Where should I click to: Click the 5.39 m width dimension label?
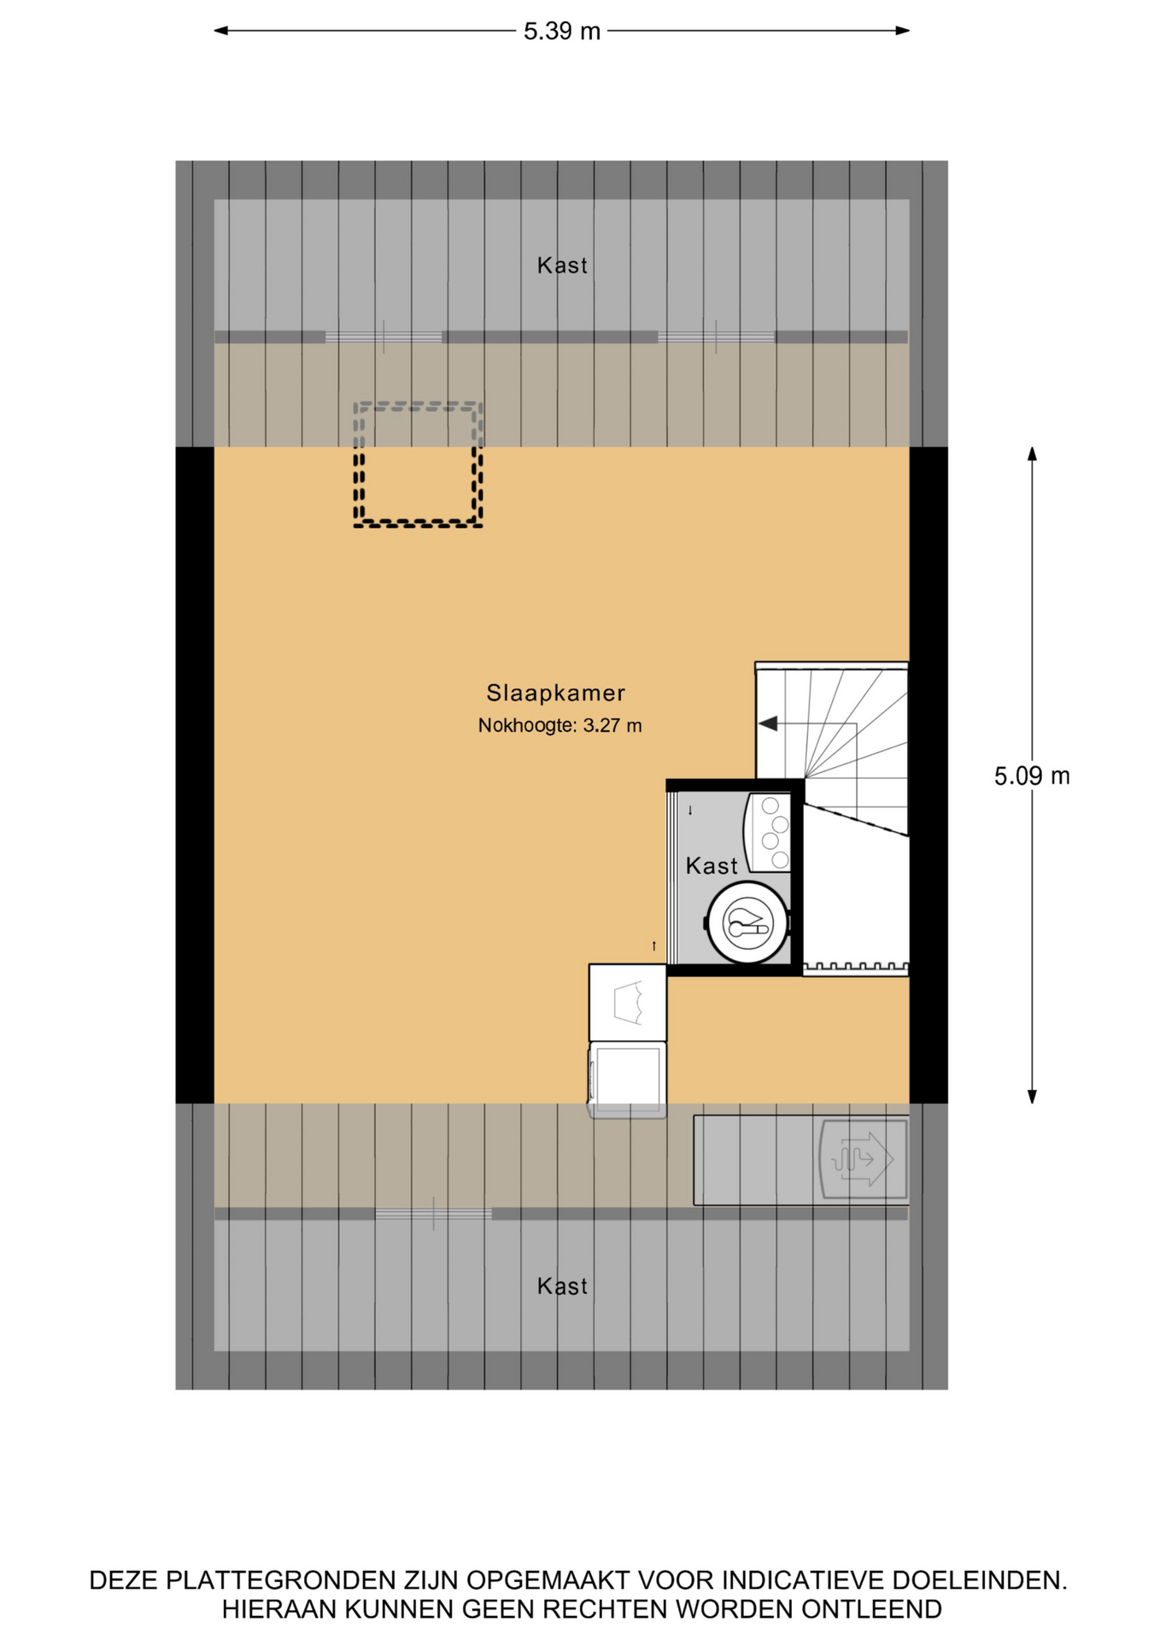(562, 32)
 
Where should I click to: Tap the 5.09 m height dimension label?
(1032, 776)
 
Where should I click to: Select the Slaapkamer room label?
(556, 693)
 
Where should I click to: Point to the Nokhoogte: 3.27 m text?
(559, 726)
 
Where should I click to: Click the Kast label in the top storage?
(562, 266)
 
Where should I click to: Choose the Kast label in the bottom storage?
(562, 1286)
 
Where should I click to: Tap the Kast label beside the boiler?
(712, 866)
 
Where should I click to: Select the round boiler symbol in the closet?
(748, 922)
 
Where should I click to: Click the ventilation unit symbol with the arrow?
(863, 1159)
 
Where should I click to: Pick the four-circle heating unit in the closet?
(768, 833)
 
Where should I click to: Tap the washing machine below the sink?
(627, 1080)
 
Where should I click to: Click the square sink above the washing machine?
(628, 1003)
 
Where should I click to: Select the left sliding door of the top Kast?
(384, 337)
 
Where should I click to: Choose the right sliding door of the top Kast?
(716, 337)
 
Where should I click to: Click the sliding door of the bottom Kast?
(434, 1214)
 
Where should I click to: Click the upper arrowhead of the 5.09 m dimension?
(1032, 454)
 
